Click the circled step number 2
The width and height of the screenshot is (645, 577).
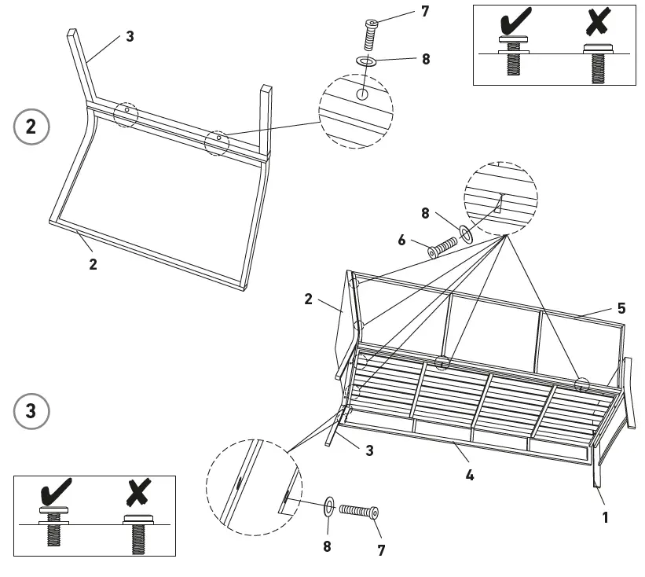point(31,127)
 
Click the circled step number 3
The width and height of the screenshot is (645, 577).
point(31,411)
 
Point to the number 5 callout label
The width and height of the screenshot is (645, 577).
point(621,308)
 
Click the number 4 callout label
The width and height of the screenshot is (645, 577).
point(470,475)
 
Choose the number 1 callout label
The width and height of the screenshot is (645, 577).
point(605,518)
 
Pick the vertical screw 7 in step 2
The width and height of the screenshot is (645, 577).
point(372,34)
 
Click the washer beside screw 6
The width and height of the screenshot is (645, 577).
point(466,232)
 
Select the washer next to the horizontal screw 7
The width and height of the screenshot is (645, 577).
point(329,503)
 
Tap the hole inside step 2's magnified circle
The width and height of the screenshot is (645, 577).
point(361,94)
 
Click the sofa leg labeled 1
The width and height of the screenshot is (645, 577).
point(597,475)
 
